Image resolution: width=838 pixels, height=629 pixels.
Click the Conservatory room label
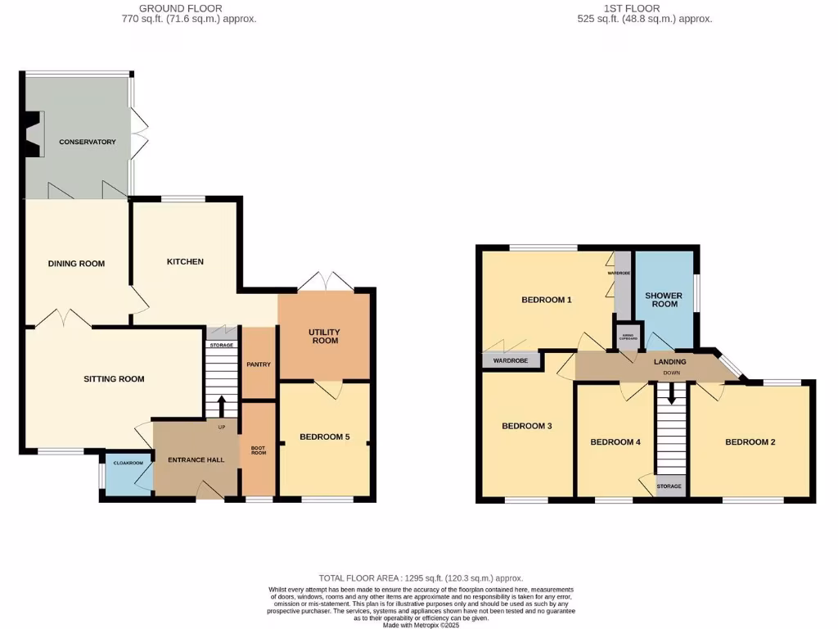pos(88,143)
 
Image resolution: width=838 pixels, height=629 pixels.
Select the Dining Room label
pos(76,264)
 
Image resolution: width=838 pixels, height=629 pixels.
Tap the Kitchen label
pos(185,262)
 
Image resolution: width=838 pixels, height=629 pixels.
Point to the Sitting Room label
pos(114,379)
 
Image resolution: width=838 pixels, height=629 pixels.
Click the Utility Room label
pos(325,336)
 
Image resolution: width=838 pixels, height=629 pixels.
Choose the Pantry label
pos(259,364)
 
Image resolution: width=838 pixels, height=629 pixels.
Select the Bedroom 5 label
pos(324,437)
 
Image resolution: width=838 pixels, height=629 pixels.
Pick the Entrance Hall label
pos(196,460)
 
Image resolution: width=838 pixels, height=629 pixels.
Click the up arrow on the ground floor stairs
pos(221,404)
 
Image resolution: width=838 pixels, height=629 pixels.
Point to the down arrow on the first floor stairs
pos(672,394)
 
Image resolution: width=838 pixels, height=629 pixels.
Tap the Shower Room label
pos(663,300)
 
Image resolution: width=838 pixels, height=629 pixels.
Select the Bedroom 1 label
pos(546,300)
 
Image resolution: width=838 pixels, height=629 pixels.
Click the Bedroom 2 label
pos(750,442)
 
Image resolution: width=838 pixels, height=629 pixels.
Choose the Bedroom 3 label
pos(526,426)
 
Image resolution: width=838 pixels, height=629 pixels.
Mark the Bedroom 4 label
pos(615,442)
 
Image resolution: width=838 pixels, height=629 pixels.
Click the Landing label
pos(669,361)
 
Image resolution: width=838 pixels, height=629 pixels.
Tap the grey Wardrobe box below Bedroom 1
pos(511,360)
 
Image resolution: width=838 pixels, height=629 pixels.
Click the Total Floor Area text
pos(421,578)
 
